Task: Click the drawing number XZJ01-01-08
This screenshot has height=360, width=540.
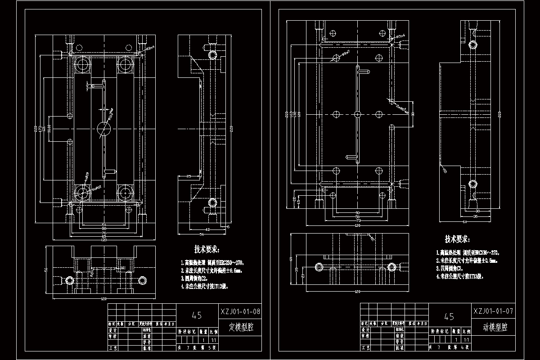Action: (240, 311)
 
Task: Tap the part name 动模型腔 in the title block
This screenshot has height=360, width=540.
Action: (492, 328)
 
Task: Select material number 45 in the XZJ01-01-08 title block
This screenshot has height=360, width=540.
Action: (197, 315)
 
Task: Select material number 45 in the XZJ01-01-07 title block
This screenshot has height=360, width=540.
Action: (449, 316)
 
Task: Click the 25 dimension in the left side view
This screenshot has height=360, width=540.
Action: (189, 175)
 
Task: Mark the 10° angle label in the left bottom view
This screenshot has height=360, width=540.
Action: (123, 269)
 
